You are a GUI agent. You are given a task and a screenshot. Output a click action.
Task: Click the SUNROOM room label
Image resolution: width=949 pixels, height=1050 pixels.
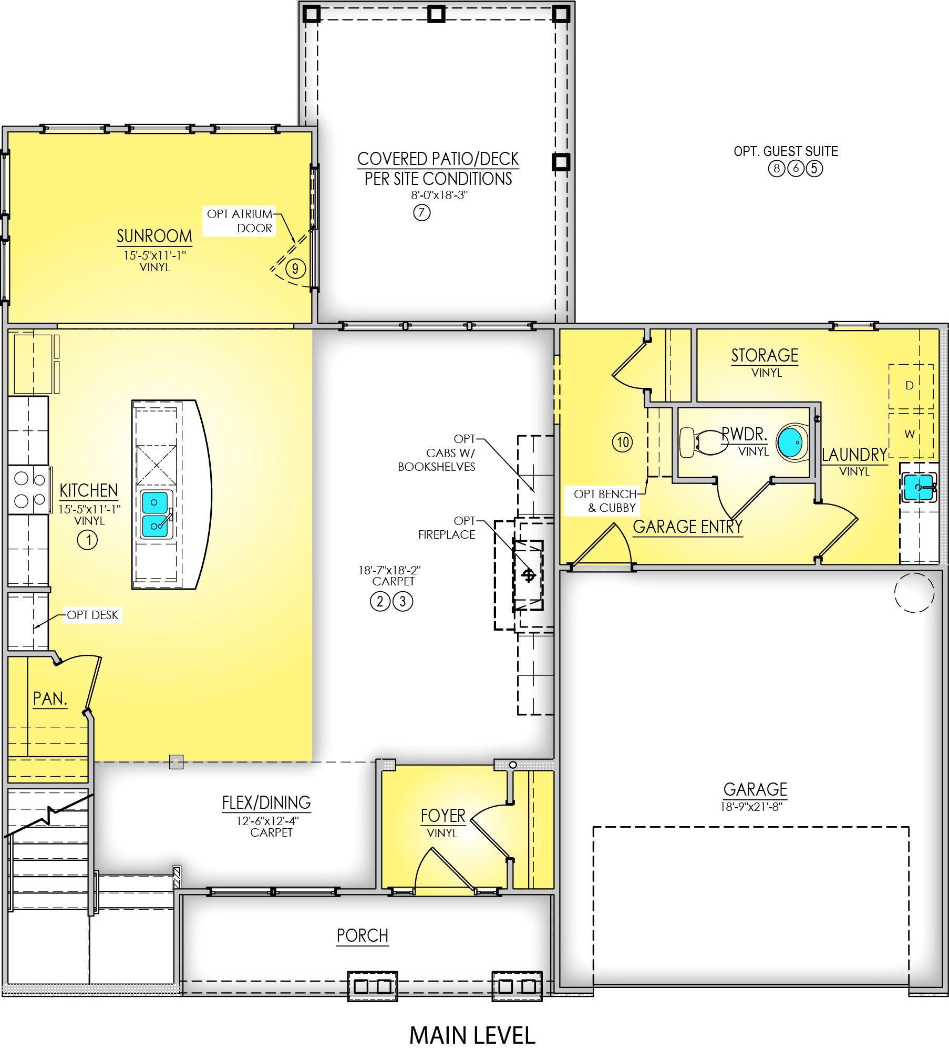click(x=154, y=236)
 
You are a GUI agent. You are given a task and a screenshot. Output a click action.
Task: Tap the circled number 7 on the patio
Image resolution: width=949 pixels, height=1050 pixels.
click(x=421, y=213)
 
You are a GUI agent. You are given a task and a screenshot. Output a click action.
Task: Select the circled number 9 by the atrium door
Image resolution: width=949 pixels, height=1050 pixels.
click(x=295, y=269)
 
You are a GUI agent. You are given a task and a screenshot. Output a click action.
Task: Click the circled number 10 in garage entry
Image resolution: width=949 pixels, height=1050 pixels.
click(x=623, y=442)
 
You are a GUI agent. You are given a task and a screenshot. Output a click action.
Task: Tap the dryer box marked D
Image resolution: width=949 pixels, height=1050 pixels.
click(x=911, y=386)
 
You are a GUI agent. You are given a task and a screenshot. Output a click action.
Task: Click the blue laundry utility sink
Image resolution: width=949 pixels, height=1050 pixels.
click(x=918, y=487)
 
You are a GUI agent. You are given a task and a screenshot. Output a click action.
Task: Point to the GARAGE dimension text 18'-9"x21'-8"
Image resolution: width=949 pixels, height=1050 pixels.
click(x=751, y=807)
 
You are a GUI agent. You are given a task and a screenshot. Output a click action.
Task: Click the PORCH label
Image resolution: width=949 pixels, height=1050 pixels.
click(x=363, y=935)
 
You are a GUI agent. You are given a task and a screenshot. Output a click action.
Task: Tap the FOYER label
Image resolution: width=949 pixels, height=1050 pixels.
click(x=443, y=816)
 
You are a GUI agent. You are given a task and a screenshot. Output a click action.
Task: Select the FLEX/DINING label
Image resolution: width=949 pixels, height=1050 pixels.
click(x=266, y=802)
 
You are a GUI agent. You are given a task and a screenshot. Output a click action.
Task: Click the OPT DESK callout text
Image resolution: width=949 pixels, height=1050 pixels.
click(x=92, y=615)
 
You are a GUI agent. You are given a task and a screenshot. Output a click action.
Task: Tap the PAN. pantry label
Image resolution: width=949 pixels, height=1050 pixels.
click(x=50, y=698)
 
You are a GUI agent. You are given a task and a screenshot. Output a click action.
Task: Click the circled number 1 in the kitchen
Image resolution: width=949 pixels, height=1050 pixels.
click(x=88, y=540)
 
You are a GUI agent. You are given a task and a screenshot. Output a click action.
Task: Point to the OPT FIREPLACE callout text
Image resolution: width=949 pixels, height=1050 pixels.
click(x=447, y=528)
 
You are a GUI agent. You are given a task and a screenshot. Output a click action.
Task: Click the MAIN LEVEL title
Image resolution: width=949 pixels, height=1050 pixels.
click(x=472, y=1035)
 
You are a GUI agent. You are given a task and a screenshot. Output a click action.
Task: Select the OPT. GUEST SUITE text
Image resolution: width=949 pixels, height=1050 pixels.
click(x=786, y=151)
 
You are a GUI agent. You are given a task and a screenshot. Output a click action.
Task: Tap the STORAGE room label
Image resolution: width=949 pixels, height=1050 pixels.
click(x=765, y=355)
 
